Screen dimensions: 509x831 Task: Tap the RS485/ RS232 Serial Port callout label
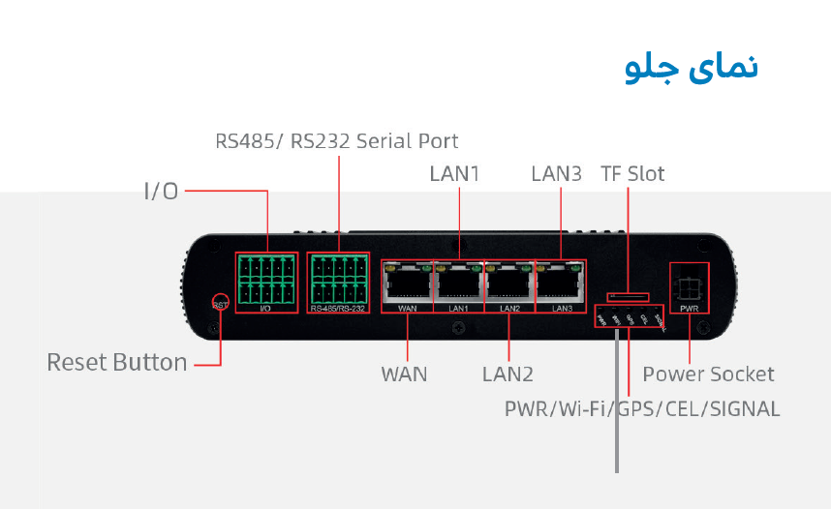pyautogui.click(x=337, y=140)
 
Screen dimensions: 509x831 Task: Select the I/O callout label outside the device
pyautogui.click(x=161, y=192)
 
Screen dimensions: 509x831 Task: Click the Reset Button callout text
pyautogui.click(x=117, y=363)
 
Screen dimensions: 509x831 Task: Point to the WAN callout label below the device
pyautogui.click(x=404, y=374)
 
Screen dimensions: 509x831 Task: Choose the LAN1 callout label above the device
pyautogui.click(x=455, y=174)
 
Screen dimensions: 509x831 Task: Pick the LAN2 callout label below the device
pyautogui.click(x=508, y=374)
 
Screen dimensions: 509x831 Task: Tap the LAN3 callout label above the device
pyautogui.click(x=557, y=174)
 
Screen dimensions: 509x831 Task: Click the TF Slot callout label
pyautogui.click(x=633, y=174)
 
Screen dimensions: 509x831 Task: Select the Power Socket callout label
pyautogui.click(x=708, y=374)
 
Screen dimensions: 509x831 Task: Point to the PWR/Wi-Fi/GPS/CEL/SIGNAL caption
pyautogui.click(x=642, y=408)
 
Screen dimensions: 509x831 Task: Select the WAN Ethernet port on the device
pyautogui.click(x=408, y=282)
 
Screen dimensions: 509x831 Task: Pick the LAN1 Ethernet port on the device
pyautogui.click(x=459, y=282)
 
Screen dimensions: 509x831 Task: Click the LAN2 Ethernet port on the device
pyautogui.click(x=509, y=282)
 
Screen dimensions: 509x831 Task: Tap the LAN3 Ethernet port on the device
pyautogui.click(x=561, y=282)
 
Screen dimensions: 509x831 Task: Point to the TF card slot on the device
pyautogui.click(x=628, y=296)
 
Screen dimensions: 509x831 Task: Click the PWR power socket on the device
pyautogui.click(x=690, y=286)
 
